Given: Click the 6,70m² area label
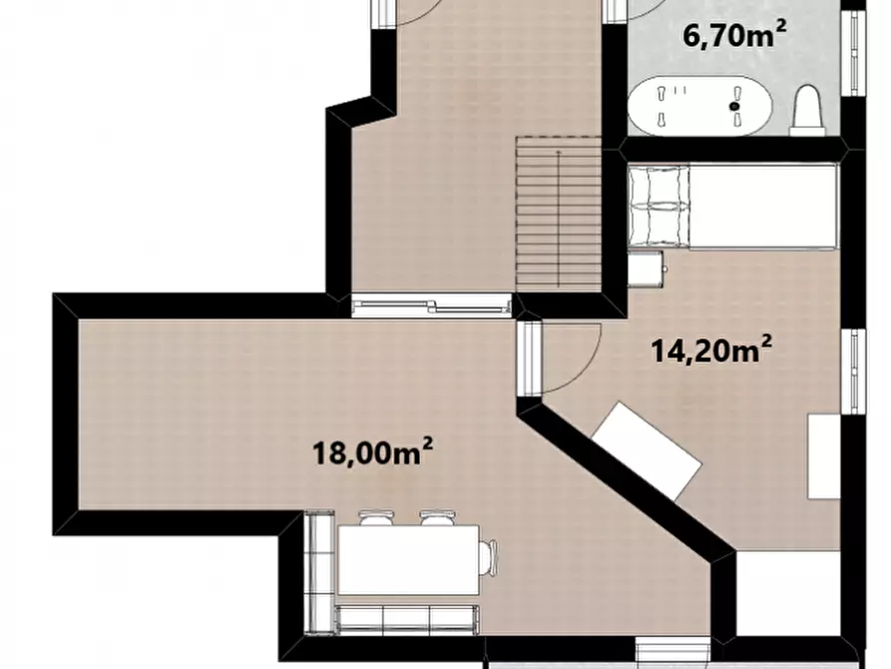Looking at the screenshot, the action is pyautogui.click(x=733, y=35).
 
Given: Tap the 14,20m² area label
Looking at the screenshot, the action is pyautogui.click(x=710, y=349).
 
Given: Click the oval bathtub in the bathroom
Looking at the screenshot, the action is pyautogui.click(x=701, y=106).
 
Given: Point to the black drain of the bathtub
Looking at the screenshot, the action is pyautogui.click(x=734, y=106).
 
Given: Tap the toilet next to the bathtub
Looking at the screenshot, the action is pyautogui.click(x=808, y=111).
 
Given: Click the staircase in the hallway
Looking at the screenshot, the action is pyautogui.click(x=559, y=215).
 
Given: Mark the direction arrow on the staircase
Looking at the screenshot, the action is pyautogui.click(x=559, y=219).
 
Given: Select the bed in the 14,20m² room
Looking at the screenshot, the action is pyautogui.click(x=733, y=206).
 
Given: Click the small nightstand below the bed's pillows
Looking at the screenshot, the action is pyautogui.click(x=647, y=268).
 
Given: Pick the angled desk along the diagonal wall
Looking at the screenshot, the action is pyautogui.click(x=648, y=451).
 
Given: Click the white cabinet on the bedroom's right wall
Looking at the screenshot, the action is pyautogui.click(x=824, y=456).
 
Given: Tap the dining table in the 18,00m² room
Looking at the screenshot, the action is pyautogui.click(x=408, y=560).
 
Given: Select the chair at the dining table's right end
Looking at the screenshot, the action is pyautogui.click(x=488, y=558).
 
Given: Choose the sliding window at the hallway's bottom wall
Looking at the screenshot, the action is pyautogui.click(x=431, y=307).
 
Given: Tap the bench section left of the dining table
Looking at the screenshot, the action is pyautogui.click(x=318, y=572).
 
